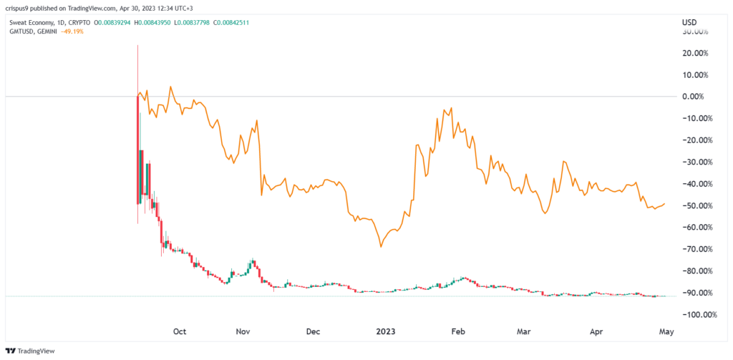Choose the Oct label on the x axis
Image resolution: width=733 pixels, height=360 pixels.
(180, 332)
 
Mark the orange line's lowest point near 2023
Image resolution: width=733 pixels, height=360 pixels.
(381, 246)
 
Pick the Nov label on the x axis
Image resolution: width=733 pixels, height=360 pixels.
(243, 332)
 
